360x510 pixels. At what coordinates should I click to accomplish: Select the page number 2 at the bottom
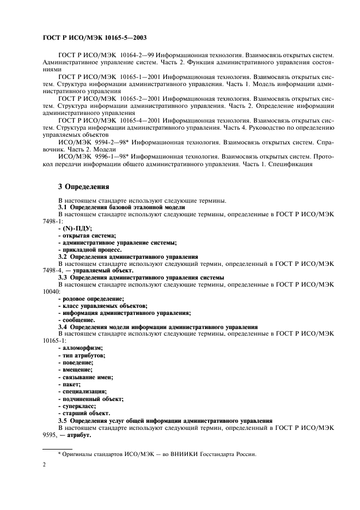(44, 465)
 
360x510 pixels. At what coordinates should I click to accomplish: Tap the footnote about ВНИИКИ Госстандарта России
(156, 454)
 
